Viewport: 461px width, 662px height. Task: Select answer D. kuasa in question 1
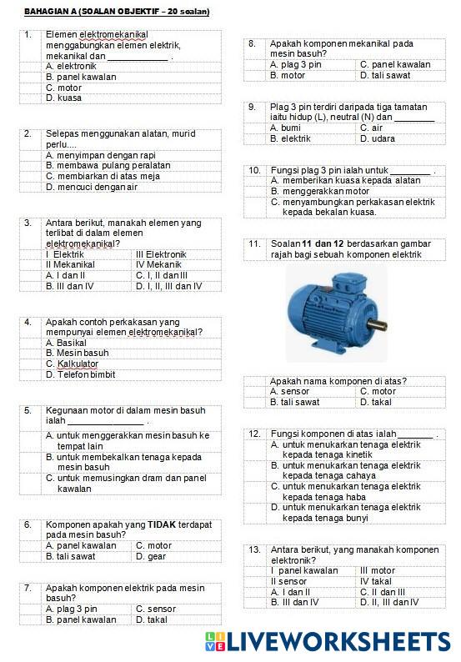click(64, 98)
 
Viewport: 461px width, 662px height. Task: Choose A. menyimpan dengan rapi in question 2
click(100, 154)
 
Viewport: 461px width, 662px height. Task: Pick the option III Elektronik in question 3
click(161, 253)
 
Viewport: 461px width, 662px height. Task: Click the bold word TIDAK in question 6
click(161, 524)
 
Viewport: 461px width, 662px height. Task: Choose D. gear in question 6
click(151, 556)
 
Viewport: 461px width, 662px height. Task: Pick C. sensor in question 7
click(156, 609)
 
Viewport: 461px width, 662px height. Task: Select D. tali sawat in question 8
click(385, 75)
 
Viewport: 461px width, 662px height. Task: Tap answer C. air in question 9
click(371, 128)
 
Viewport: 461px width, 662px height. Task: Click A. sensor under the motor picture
click(290, 391)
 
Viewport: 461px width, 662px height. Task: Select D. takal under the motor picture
click(378, 402)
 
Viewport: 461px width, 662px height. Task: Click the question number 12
click(254, 434)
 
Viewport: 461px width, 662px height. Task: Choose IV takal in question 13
click(376, 581)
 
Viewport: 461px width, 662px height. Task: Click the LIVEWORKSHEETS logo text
click(338, 640)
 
